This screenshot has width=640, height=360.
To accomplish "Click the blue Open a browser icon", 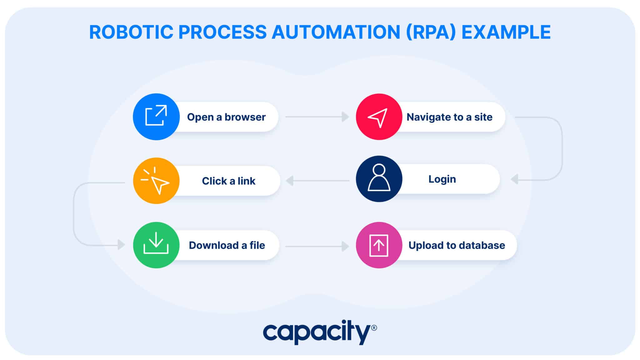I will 156,117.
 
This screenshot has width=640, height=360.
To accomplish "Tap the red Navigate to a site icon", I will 379,117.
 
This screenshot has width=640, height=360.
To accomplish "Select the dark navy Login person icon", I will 379,179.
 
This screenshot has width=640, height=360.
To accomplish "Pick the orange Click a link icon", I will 156,181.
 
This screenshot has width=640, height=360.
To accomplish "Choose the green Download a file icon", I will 156,245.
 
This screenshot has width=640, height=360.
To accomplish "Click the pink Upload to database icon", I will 379,245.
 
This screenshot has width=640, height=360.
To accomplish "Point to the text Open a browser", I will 226,117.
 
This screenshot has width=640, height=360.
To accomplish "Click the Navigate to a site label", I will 449,117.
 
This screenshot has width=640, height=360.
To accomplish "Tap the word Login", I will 442,179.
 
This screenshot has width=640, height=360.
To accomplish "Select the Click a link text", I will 228,181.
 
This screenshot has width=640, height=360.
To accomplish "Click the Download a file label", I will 227,245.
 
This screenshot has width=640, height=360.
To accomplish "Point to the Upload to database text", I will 457,245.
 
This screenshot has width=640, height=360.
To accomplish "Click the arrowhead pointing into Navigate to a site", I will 345,117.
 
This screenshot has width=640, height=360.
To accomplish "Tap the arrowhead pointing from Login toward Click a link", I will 290,180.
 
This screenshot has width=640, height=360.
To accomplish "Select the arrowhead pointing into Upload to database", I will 345,246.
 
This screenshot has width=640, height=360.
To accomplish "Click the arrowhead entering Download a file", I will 121,245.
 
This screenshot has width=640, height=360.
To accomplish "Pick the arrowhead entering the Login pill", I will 514,179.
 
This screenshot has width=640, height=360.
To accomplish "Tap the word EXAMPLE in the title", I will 506,32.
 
